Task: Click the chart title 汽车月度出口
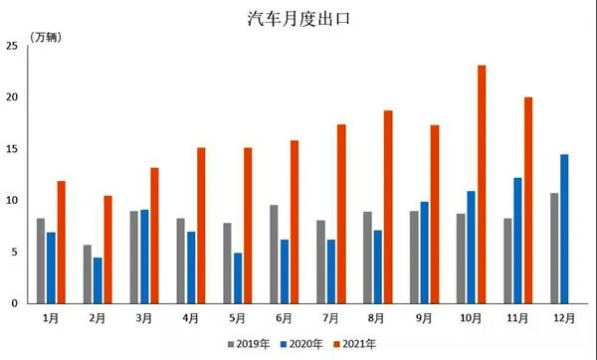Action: [x=298, y=18]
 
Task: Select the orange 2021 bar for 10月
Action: [x=482, y=184]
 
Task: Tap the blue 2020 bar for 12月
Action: [x=564, y=229]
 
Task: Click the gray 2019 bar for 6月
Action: [x=274, y=254]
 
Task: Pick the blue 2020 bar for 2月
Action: [x=98, y=280]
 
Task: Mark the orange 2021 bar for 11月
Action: [x=528, y=200]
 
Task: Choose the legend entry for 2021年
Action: [x=355, y=344]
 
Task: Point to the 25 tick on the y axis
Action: [x=12, y=46]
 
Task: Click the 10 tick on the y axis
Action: [x=12, y=200]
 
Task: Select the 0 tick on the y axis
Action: [x=15, y=303]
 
